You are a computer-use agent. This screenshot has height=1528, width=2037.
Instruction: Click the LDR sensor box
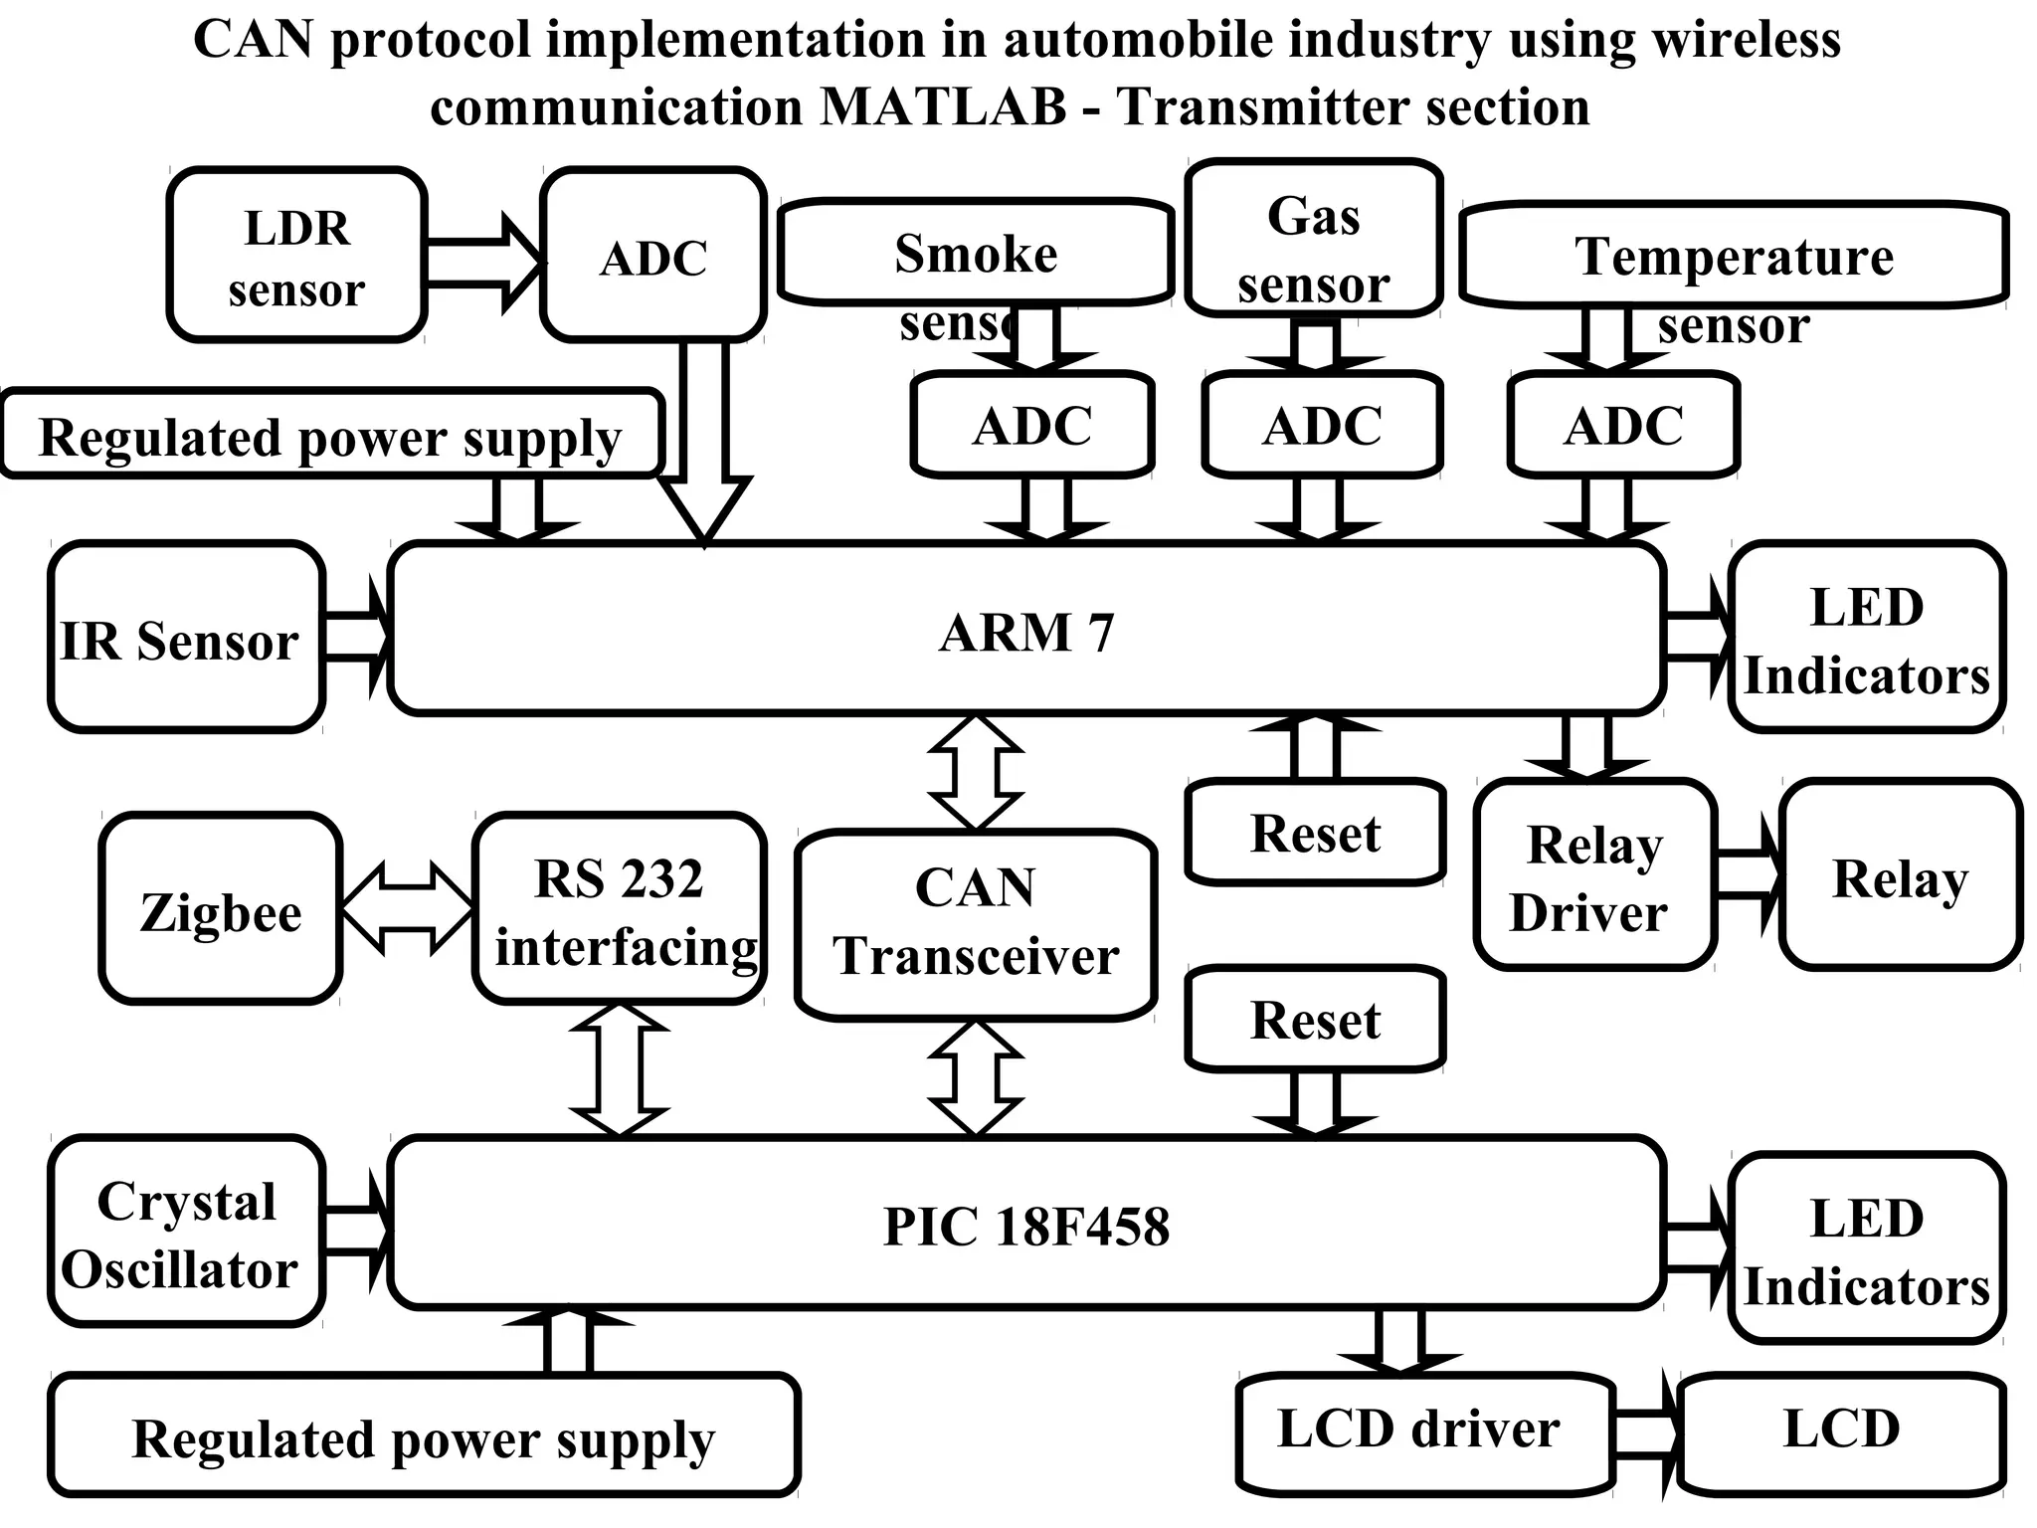296,257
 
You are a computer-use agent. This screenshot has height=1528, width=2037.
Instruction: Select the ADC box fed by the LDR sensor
653,257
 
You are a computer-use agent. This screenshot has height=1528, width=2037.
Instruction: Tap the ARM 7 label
1026,633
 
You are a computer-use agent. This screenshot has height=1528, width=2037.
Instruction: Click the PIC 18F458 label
1026,1226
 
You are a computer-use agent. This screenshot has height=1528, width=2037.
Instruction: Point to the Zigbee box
221,909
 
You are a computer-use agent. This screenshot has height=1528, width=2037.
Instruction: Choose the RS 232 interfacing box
620,909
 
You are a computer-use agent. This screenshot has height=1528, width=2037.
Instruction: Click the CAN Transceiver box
976,923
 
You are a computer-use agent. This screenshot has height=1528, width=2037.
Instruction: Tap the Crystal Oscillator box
186,1234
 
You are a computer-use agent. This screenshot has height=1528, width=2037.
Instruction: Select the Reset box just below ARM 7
1315,834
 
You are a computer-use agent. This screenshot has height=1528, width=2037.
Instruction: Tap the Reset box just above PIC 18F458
1315,1020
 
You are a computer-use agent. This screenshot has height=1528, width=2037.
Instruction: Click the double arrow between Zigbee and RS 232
407,907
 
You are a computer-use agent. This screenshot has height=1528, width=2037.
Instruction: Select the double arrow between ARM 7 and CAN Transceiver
976,772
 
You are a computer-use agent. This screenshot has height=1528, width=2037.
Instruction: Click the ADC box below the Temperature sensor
1623,426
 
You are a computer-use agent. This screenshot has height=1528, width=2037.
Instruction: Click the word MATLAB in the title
943,106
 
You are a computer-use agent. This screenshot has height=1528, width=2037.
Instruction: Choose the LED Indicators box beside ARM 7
1866,639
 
